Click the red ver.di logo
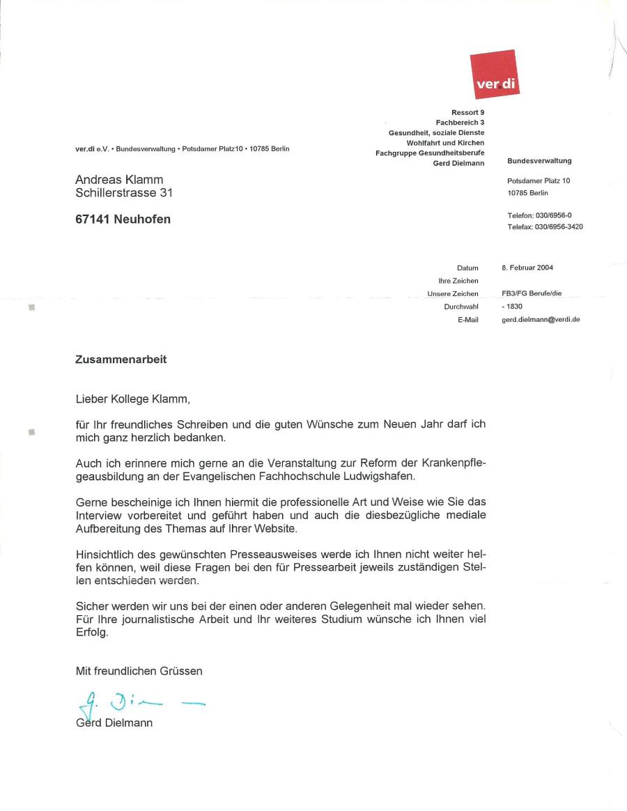pos(495,74)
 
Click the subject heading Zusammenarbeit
pos(121,360)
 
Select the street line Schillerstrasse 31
pos(124,193)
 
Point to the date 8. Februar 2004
pos(527,268)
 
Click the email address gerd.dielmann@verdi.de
pos(541,320)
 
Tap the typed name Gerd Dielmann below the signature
pos(114,723)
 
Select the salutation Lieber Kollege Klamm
pos(132,399)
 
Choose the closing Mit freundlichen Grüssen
pos(139,672)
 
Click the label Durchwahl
pos(461,307)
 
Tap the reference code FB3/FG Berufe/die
pos(531,294)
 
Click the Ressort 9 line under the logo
pos(467,112)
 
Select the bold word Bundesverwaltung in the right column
pos(539,161)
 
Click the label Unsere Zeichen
pos(453,294)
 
